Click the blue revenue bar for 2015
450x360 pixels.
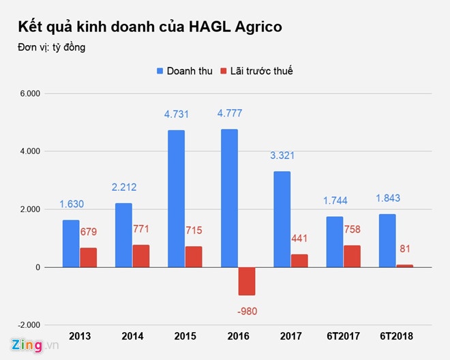[x=175, y=198]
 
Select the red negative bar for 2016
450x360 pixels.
[x=247, y=281]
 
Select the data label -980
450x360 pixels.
[x=247, y=311]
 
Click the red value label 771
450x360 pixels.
[x=141, y=230]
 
